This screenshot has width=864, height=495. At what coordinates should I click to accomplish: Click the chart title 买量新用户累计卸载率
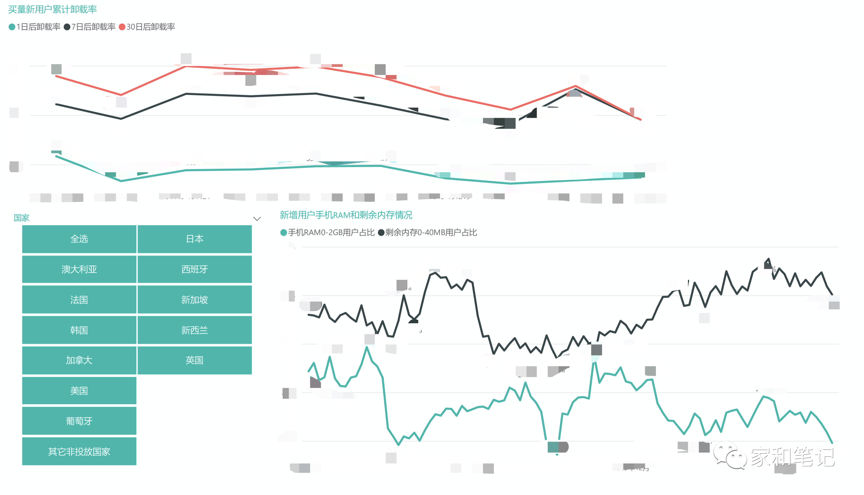click(x=52, y=10)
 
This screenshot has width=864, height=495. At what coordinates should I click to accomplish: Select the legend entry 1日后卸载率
click(x=35, y=27)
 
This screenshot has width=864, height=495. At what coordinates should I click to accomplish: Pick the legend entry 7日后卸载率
click(x=90, y=27)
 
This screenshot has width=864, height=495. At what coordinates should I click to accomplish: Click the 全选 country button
click(x=79, y=239)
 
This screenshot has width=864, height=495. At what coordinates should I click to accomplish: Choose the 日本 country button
click(x=195, y=239)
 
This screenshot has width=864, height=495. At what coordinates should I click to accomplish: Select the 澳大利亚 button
click(x=79, y=269)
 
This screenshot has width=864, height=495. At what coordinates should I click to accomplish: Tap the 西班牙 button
click(x=195, y=269)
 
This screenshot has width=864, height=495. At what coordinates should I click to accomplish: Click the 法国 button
click(x=79, y=300)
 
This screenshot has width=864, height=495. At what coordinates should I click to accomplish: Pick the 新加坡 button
click(x=195, y=300)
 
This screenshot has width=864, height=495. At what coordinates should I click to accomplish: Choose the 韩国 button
click(x=79, y=330)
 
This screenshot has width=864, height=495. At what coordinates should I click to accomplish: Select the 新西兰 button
click(x=195, y=330)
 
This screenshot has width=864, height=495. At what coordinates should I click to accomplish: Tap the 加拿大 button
click(x=79, y=360)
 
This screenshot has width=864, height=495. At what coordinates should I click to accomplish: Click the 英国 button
click(x=195, y=360)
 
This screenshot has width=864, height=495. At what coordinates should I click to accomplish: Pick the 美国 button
click(x=79, y=391)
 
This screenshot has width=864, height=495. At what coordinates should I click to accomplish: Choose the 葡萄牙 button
click(x=79, y=421)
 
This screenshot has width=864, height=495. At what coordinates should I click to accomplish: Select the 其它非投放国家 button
click(x=79, y=452)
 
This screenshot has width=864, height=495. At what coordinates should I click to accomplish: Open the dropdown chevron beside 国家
click(x=257, y=219)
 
